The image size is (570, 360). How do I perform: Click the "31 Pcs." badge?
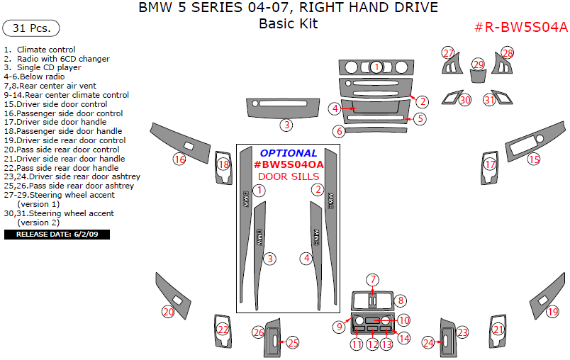31,29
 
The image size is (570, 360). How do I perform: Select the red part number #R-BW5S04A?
520,28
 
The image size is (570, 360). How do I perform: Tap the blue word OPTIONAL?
288,153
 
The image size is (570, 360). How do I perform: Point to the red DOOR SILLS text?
288,176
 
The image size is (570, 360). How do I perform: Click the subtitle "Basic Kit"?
288,23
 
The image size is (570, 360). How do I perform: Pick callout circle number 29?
479,64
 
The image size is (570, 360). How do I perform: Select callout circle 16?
180,160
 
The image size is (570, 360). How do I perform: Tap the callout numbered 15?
533,159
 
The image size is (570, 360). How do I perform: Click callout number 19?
552,311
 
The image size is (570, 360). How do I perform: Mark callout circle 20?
168,311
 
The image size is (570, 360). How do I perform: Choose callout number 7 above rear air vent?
373,279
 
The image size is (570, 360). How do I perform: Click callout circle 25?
292,343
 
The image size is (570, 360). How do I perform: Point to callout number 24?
428,343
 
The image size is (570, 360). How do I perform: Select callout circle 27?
448,53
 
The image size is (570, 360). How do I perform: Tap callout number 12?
371,344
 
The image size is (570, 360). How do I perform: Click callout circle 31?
489,100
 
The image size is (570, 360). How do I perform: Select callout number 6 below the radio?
340,131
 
